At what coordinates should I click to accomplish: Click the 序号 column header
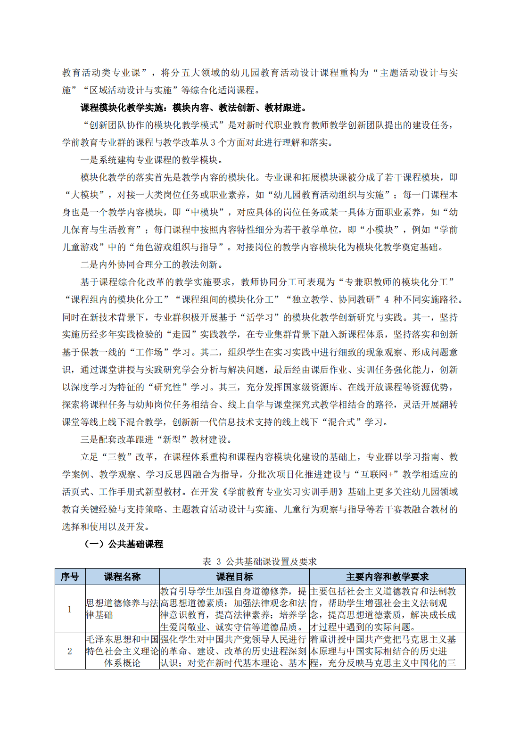click(x=70, y=577)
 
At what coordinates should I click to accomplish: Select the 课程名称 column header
click(x=122, y=577)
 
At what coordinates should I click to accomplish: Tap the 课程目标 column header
click(x=234, y=577)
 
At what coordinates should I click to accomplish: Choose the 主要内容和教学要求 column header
click(x=387, y=577)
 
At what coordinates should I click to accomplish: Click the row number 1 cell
click(x=70, y=609)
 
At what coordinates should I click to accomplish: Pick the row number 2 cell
click(x=70, y=651)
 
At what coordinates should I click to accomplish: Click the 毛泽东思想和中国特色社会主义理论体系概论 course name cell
click(x=122, y=651)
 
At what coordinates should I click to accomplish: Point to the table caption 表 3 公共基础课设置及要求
click(x=259, y=562)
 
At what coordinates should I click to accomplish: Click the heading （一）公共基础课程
click(x=124, y=544)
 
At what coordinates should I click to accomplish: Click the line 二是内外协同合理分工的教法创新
click(x=151, y=264)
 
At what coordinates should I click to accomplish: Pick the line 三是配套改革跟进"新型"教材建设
click(x=156, y=439)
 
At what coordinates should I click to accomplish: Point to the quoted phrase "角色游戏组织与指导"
click(x=177, y=247)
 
